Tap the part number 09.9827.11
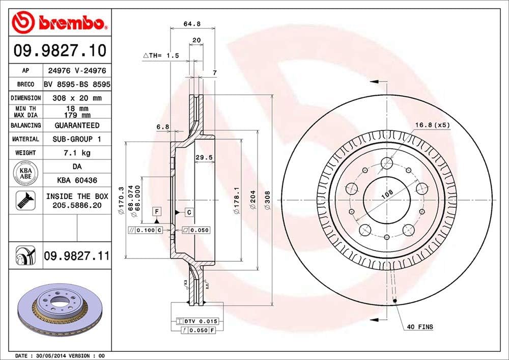click(76, 254)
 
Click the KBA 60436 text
click(76, 180)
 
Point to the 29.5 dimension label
click(204, 158)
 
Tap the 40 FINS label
click(420, 326)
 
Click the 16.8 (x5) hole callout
click(432, 125)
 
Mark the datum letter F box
click(157, 211)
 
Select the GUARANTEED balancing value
click(76, 125)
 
